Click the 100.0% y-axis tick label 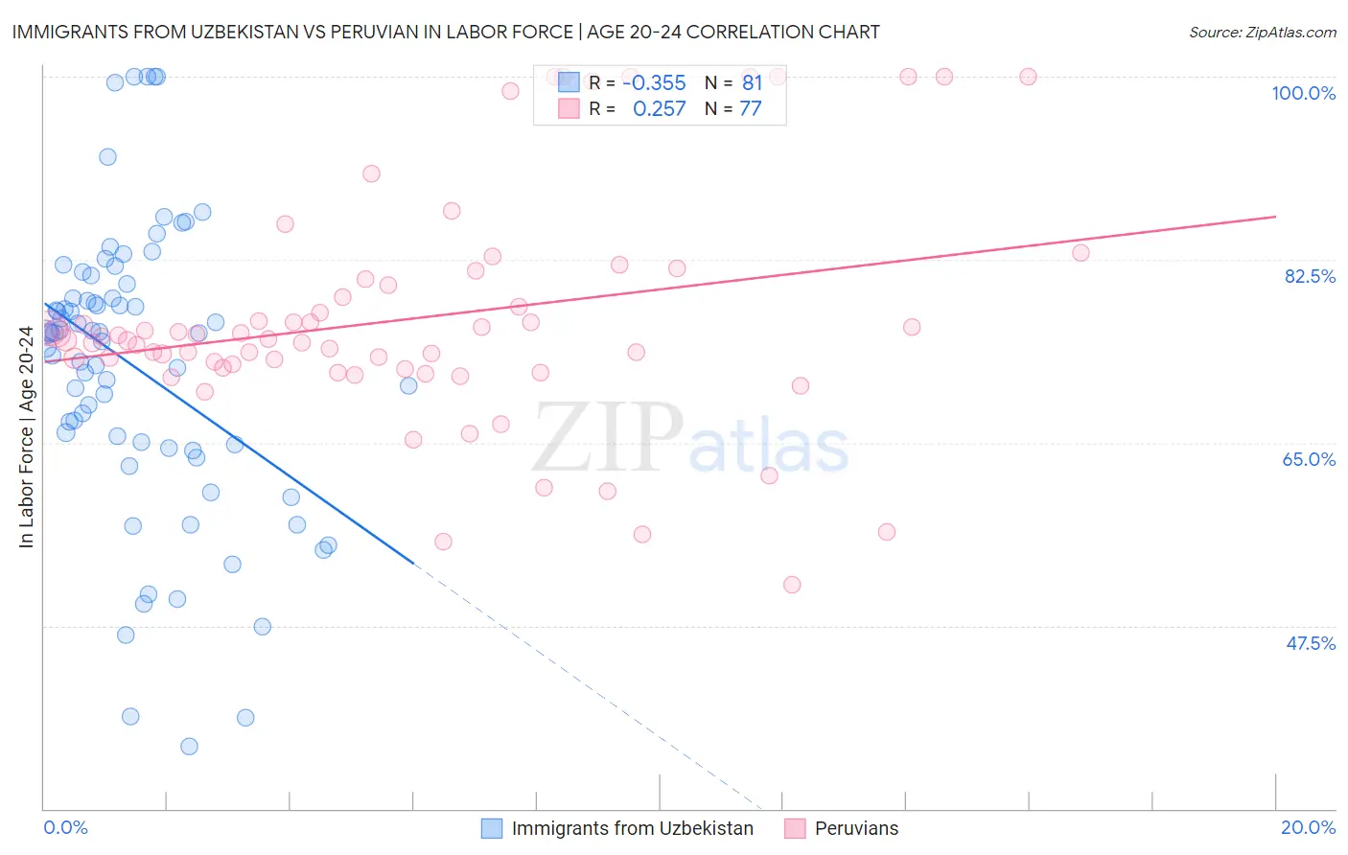(x=1303, y=93)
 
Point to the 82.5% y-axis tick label (x=1310, y=276)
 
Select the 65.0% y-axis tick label (x=1309, y=459)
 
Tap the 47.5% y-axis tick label (x=1310, y=643)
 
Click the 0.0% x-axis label (x=65, y=827)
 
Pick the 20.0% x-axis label (x=1308, y=827)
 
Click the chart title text (x=446, y=32)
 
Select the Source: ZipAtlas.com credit (x=1262, y=32)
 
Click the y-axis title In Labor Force (x=26, y=437)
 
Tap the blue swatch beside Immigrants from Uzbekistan (x=492, y=828)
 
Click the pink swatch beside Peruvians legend (x=795, y=828)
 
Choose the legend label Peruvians (x=856, y=828)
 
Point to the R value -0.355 (x=654, y=83)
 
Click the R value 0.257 (x=659, y=109)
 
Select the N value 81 (x=752, y=83)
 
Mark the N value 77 (x=750, y=109)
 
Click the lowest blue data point (x=189, y=746)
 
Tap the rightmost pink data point (x=1081, y=253)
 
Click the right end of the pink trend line (x=1275, y=217)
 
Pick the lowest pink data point (x=792, y=585)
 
